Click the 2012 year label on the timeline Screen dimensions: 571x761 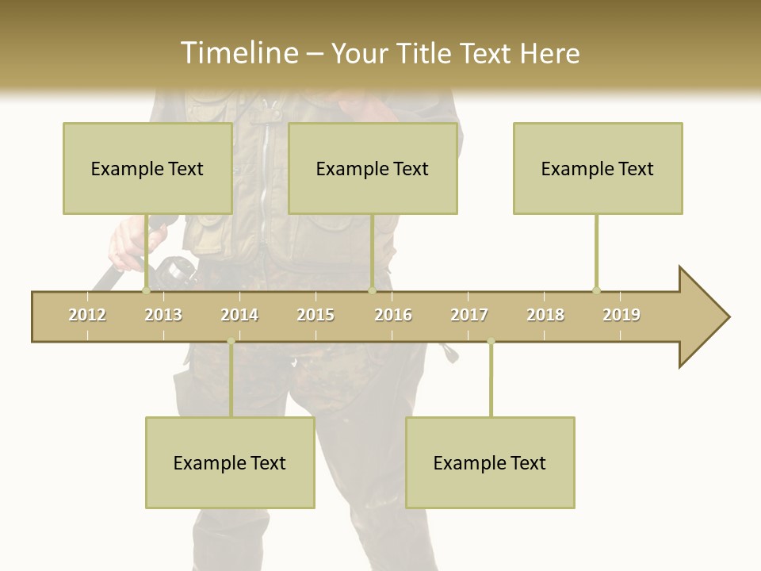[87, 315]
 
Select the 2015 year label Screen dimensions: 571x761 [315, 315]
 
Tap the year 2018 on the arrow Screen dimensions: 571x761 [545, 315]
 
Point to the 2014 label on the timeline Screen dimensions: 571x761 [239, 315]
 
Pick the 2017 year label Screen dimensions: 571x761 [469, 315]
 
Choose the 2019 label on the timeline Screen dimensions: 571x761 [621, 315]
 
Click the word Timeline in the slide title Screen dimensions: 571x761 [238, 53]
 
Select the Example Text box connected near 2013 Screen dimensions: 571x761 [147, 168]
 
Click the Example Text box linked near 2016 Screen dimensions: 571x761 [373, 168]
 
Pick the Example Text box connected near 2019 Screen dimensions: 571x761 [598, 168]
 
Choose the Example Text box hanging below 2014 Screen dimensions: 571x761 [230, 462]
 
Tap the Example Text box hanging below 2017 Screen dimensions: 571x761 [490, 462]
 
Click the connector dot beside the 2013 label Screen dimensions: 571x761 [147, 290]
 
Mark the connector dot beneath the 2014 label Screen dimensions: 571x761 [231, 342]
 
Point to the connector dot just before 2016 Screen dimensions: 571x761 [372, 290]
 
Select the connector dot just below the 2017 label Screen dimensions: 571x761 [491, 342]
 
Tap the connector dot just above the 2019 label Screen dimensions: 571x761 [596, 290]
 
